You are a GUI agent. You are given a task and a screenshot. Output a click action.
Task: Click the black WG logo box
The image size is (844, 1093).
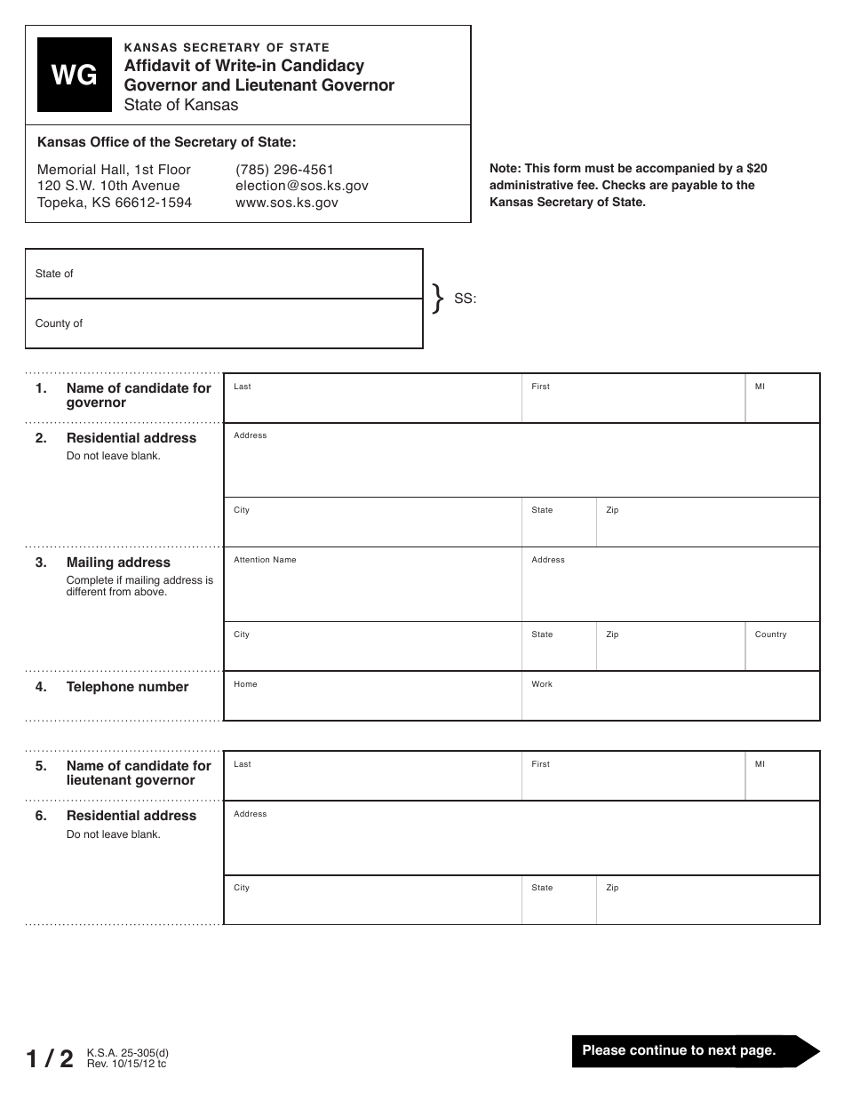pos(75,75)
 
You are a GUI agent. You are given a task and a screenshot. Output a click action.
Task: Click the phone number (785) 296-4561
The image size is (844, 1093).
pos(284,169)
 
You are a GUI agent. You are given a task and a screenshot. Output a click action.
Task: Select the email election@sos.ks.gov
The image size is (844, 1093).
pos(301,186)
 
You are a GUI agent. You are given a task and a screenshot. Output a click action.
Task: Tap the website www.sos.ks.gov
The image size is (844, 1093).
pos(286,203)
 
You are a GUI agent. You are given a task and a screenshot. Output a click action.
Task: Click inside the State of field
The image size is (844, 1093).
pos(224,274)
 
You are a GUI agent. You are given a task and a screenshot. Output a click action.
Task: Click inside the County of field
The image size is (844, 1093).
pos(224,323)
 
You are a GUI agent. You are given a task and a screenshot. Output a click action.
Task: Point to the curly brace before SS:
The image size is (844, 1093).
pos(437,299)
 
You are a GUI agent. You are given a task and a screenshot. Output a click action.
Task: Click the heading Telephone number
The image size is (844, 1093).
pos(127,687)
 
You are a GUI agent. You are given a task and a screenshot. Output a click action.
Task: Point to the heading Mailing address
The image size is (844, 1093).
pos(118,562)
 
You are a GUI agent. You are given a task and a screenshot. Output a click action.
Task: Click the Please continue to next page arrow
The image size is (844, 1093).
pos(693,1050)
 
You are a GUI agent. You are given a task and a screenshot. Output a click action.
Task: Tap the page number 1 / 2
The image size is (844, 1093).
pos(50,1058)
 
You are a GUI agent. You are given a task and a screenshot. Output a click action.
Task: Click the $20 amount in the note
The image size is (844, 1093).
pos(756,168)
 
